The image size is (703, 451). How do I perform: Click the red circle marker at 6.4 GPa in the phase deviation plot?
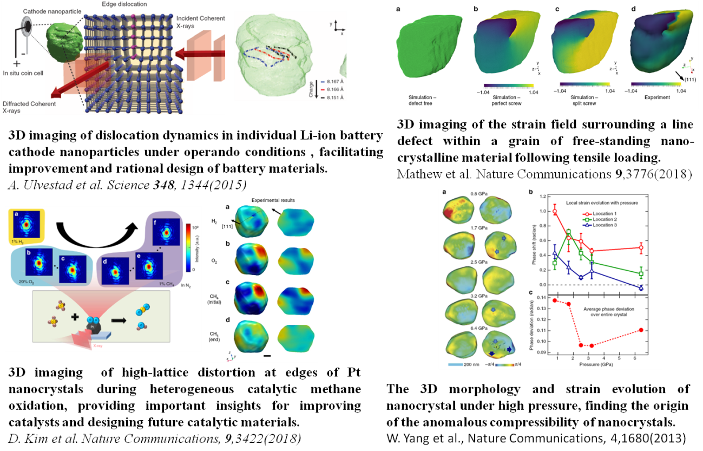[x=641, y=330]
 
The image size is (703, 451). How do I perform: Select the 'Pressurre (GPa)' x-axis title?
[x=597, y=364]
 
